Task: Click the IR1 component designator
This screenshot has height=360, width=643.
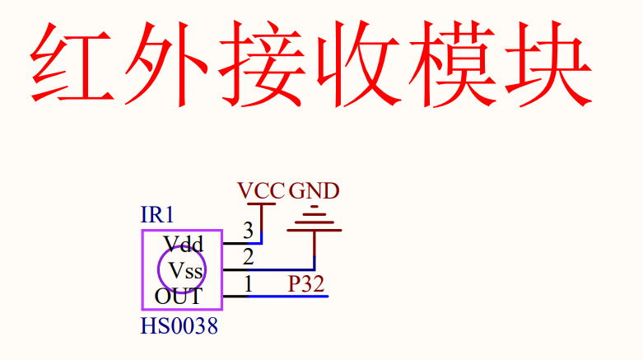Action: pyautogui.click(x=157, y=216)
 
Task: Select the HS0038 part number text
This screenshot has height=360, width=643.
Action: pyautogui.click(x=179, y=327)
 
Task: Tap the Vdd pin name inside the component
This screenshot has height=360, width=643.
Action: pyautogui.click(x=183, y=244)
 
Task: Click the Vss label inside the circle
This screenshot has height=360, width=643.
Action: pyautogui.click(x=185, y=269)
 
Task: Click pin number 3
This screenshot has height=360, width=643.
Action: pyautogui.click(x=248, y=230)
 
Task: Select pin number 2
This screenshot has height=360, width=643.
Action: pyautogui.click(x=248, y=256)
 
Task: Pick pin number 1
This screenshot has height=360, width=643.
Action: pyautogui.click(x=248, y=284)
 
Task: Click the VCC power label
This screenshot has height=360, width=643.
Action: pyautogui.click(x=261, y=191)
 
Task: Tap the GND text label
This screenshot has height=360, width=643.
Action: pyautogui.click(x=314, y=191)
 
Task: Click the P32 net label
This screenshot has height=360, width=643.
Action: pyautogui.click(x=305, y=284)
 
